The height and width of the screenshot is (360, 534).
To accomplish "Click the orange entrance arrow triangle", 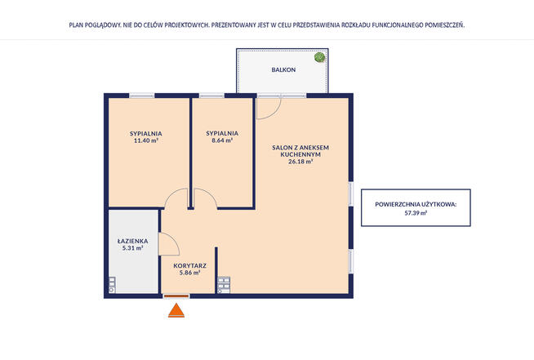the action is [x=176, y=310].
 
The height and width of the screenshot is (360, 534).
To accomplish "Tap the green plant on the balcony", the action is [x=319, y=57].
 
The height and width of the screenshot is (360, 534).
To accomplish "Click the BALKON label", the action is [x=283, y=70].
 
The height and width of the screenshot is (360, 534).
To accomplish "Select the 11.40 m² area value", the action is [x=146, y=140].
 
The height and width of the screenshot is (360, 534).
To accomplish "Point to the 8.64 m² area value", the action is [x=222, y=140].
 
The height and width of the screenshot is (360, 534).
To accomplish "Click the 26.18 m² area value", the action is [x=300, y=162].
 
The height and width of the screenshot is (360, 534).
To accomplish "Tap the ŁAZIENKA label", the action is [x=132, y=241].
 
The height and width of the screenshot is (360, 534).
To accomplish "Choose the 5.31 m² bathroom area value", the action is [x=132, y=248].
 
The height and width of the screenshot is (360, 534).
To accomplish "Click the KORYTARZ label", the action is [x=189, y=265].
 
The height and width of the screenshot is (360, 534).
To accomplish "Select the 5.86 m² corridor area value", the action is [x=189, y=273].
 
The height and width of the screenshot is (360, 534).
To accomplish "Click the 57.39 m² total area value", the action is [x=416, y=213].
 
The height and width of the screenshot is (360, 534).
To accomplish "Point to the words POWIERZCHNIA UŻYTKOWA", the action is [x=416, y=204].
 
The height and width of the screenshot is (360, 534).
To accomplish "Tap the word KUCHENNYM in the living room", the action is [x=300, y=154].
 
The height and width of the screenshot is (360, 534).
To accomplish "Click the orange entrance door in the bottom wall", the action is [x=176, y=296].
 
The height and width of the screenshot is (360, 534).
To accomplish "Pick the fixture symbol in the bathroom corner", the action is [x=112, y=285].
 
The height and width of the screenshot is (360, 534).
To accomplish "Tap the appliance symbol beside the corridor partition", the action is [x=224, y=285].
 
